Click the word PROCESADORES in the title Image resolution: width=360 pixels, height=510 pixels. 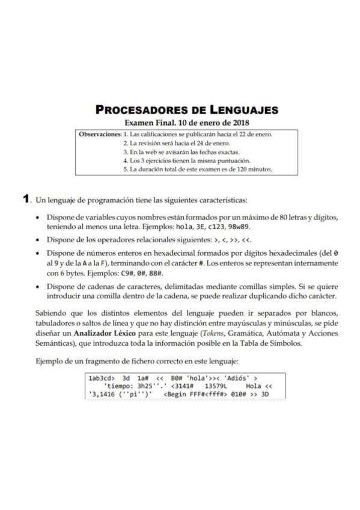pyautogui.click(x=140, y=110)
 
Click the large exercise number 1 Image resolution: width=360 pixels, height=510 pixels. pyautogui.click(x=26, y=198)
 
